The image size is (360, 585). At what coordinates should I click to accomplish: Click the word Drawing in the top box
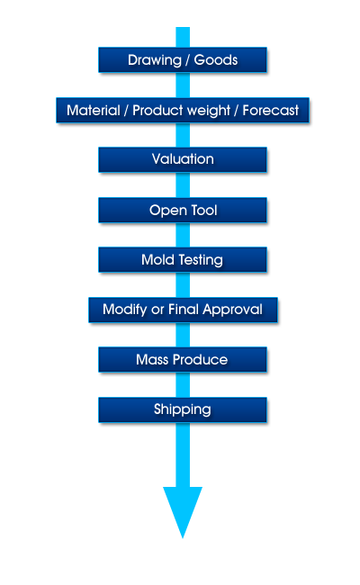155,60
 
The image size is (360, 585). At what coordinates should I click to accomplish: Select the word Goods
216,59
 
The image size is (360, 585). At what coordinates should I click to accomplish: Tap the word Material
94,111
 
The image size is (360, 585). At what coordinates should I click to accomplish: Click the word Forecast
271,111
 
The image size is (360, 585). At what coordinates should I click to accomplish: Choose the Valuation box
183,159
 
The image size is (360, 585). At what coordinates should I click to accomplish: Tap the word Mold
157,259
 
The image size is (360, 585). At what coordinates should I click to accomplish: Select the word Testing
201,260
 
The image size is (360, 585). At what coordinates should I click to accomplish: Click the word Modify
124,310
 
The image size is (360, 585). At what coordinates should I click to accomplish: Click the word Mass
152,360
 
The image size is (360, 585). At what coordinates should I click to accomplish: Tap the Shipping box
183,409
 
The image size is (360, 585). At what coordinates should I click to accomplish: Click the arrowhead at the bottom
183,512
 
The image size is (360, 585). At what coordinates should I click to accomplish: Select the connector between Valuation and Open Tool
183,185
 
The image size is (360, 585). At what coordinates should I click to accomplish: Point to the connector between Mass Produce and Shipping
183,384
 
